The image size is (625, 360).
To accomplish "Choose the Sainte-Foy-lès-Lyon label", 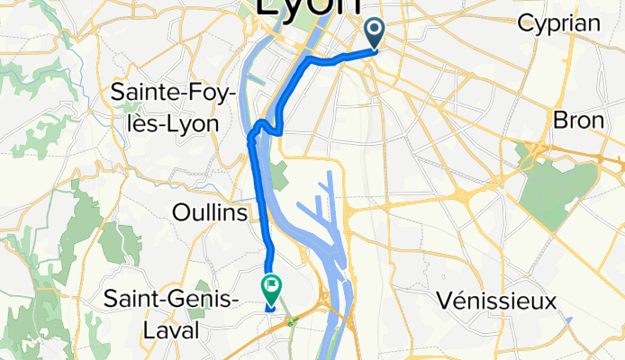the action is pos(164,105).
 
